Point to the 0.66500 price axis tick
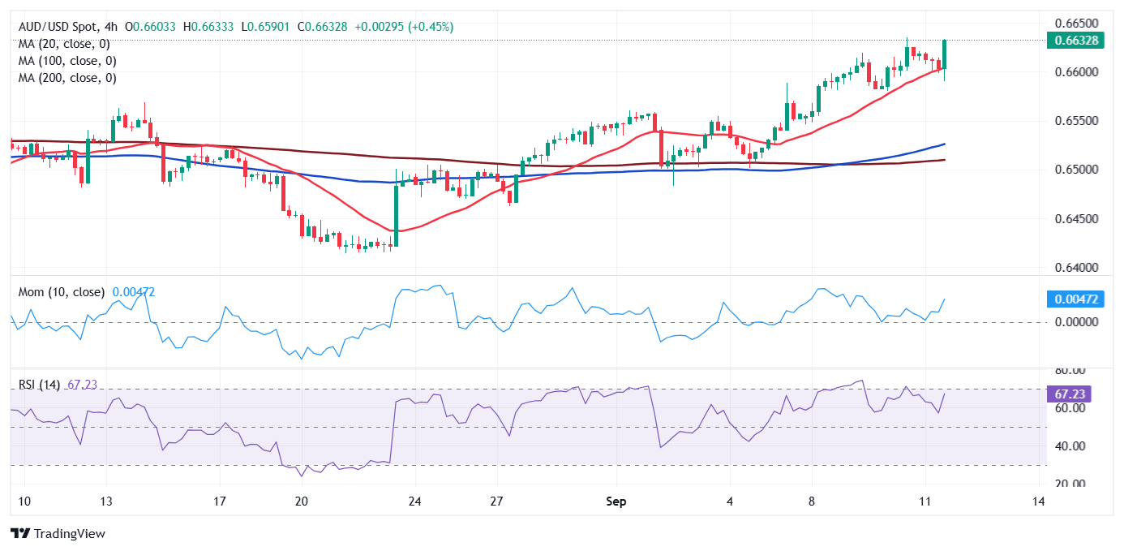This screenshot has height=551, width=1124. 1075,23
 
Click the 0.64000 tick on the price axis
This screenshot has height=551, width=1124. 1075,267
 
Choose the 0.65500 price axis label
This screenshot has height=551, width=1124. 1075,121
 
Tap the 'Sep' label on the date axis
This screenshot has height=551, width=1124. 616,501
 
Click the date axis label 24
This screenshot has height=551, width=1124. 414,501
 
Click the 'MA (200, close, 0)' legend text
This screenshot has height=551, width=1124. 67,78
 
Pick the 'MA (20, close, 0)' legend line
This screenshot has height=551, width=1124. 64,44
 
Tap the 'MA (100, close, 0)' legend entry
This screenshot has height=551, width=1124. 67,61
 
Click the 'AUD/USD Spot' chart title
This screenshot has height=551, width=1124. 56,27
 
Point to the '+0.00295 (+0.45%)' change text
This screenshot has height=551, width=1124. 402,27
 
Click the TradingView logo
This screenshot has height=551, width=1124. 58,533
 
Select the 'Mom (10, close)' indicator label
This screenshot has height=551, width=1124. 62,292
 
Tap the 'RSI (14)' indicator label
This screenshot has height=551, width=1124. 39,385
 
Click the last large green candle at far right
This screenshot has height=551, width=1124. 945,54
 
